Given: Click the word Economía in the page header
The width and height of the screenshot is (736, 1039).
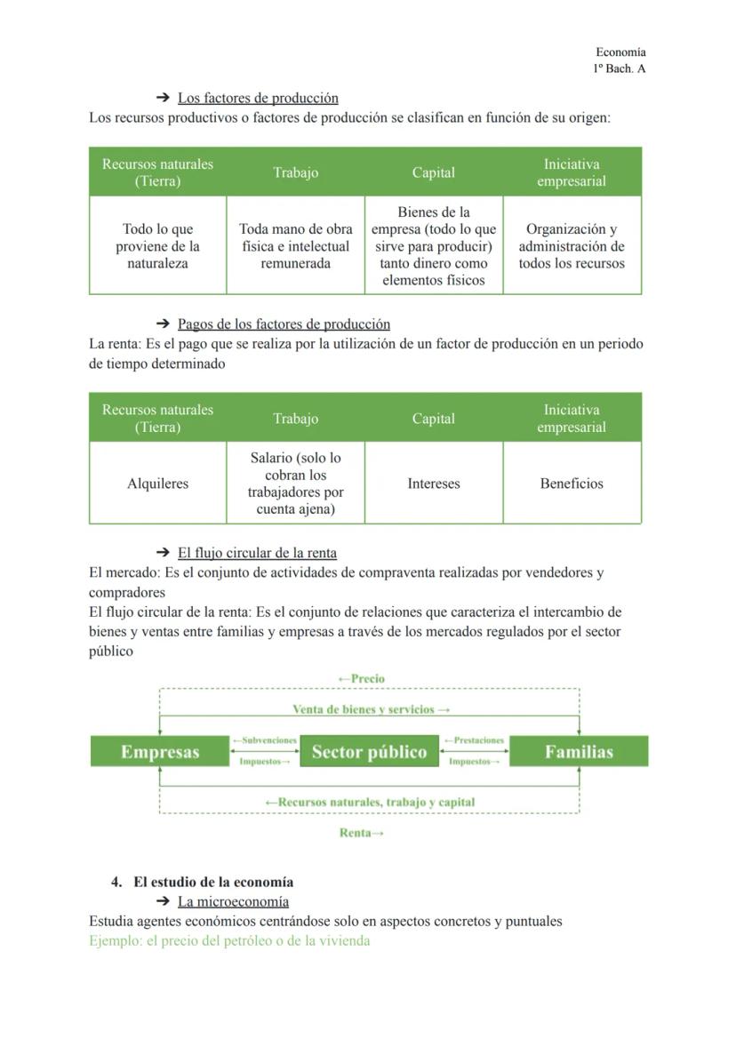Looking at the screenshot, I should click(x=620, y=52).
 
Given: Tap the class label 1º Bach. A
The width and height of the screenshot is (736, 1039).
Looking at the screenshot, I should click(x=619, y=68).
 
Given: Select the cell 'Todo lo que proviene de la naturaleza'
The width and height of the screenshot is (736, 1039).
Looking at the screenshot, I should click(x=157, y=246).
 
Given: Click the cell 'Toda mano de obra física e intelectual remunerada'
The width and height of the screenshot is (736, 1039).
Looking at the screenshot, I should click(x=295, y=246).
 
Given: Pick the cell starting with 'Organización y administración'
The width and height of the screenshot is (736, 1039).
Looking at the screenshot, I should click(x=572, y=246).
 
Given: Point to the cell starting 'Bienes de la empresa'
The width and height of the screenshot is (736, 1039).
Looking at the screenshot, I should click(x=434, y=246).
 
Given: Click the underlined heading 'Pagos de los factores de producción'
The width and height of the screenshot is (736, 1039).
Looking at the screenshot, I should click(x=284, y=324).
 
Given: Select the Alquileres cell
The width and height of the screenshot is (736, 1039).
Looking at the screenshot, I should click(x=157, y=484).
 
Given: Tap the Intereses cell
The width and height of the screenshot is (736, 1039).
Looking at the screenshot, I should click(x=434, y=484).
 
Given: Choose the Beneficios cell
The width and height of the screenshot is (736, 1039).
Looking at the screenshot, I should click(x=572, y=484).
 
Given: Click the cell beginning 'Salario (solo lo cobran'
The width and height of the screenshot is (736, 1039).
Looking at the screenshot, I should click(x=295, y=484).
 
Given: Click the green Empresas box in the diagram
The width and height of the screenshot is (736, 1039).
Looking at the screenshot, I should click(x=160, y=752).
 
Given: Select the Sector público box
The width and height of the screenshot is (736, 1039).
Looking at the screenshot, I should click(x=369, y=752).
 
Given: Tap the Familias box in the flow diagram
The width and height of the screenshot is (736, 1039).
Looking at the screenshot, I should click(x=579, y=752).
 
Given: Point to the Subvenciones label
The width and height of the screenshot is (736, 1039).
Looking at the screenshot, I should click(x=264, y=740).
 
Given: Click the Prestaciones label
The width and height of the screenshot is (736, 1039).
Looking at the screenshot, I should click(x=474, y=740).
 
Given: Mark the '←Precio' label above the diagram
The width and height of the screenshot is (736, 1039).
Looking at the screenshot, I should click(x=362, y=678).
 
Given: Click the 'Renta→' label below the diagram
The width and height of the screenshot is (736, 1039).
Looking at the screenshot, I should click(x=362, y=833).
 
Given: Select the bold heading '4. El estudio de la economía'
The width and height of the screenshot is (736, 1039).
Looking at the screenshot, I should click(x=203, y=883).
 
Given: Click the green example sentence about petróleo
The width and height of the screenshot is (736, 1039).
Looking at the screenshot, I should click(x=229, y=940).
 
